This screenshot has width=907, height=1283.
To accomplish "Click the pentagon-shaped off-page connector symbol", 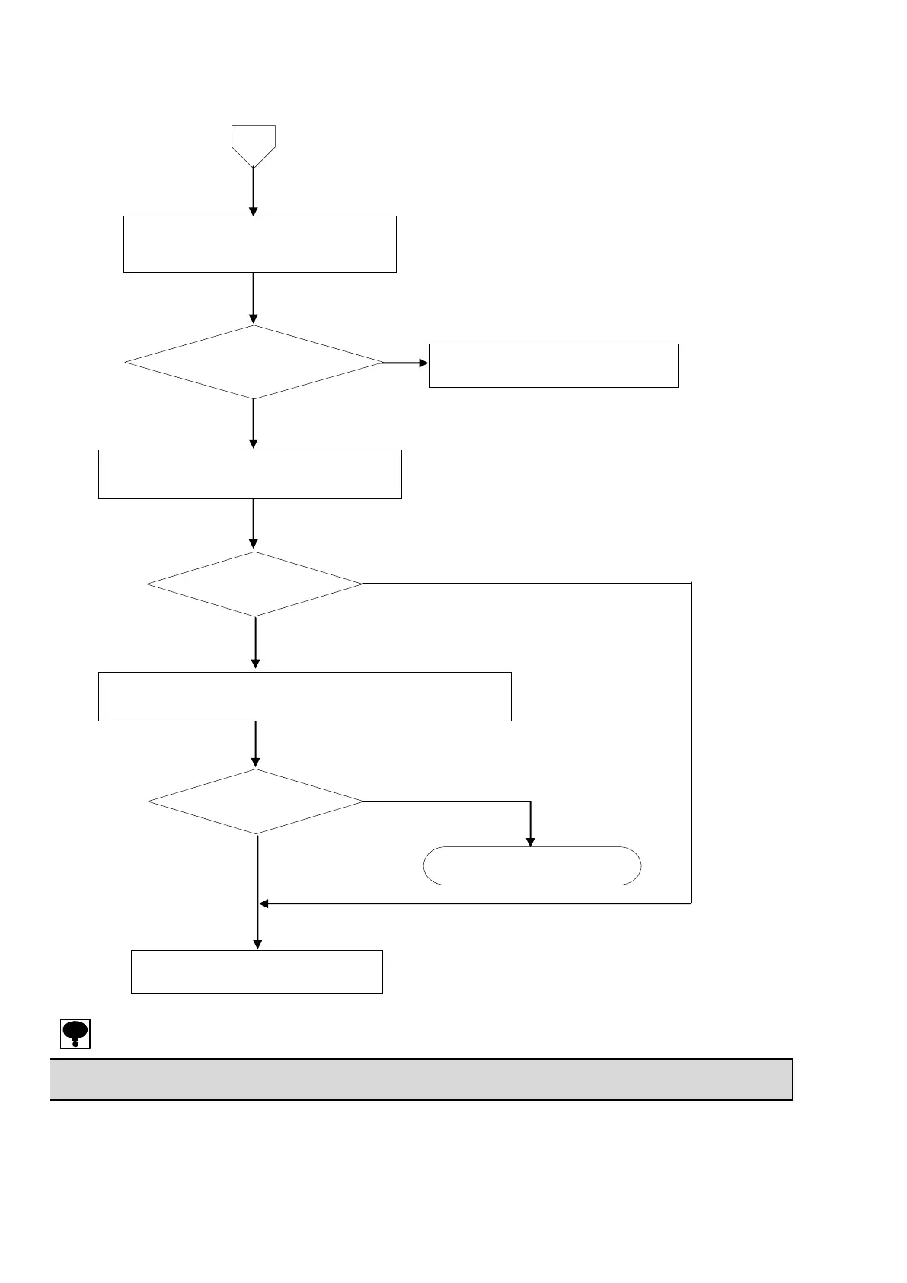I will [253, 145].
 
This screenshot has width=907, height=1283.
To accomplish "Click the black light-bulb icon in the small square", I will [75, 1033].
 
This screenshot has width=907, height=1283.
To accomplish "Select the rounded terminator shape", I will [532, 865].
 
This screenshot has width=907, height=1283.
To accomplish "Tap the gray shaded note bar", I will [420, 1079].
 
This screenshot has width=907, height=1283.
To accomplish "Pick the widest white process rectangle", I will [305, 696].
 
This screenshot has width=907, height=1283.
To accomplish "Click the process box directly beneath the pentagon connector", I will [260, 244].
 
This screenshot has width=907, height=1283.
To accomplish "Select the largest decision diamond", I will [254, 363].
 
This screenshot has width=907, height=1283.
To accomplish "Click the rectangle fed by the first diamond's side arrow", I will [553, 366].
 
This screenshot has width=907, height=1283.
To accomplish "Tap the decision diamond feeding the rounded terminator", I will [256, 801].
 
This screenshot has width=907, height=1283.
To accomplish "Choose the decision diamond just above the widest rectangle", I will [254, 584].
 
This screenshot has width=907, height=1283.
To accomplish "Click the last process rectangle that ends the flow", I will [257, 971].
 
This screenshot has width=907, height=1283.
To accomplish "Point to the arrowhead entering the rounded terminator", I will [531, 841].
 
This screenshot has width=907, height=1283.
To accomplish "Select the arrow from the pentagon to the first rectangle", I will [253, 192].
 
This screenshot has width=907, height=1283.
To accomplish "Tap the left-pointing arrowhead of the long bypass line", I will [264, 904].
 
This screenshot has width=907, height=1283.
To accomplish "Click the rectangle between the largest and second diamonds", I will [250, 474].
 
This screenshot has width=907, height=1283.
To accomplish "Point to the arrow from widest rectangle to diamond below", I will [256, 744].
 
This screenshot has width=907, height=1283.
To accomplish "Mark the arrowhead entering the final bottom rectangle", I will [257, 944].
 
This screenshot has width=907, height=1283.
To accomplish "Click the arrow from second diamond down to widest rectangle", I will [255, 643].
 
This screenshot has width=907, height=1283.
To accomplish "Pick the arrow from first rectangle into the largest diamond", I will [253, 298].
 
